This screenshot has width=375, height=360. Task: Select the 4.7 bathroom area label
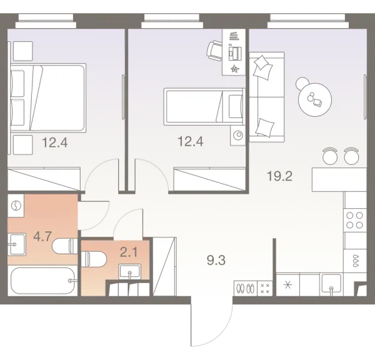42,236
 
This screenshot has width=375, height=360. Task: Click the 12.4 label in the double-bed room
54,142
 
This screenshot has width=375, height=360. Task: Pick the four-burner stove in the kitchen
355,220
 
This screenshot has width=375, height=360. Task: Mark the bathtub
43,282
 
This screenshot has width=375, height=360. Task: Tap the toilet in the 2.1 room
95,257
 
